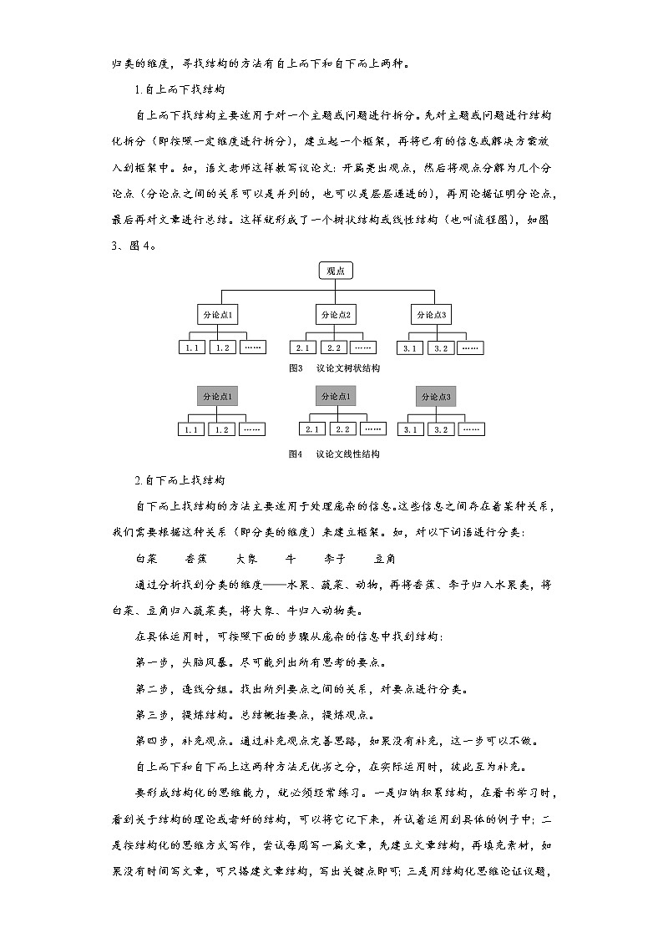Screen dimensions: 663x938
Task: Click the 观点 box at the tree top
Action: (336, 270)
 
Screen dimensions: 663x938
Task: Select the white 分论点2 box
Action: (336, 314)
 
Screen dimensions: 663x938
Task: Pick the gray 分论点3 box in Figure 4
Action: (437, 396)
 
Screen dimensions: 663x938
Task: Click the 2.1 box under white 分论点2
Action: (302, 347)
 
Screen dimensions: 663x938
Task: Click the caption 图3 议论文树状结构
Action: (333, 368)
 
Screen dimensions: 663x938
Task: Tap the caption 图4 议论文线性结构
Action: (333, 454)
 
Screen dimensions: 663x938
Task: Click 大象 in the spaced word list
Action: (246, 559)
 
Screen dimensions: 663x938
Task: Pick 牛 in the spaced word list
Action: (290, 559)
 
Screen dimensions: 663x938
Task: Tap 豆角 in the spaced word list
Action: (385, 559)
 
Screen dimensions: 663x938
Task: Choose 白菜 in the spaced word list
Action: (146, 559)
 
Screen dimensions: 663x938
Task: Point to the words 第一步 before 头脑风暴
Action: (149, 663)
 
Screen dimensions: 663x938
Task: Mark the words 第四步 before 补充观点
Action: (149, 741)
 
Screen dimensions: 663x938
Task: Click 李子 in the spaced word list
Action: (335, 559)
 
